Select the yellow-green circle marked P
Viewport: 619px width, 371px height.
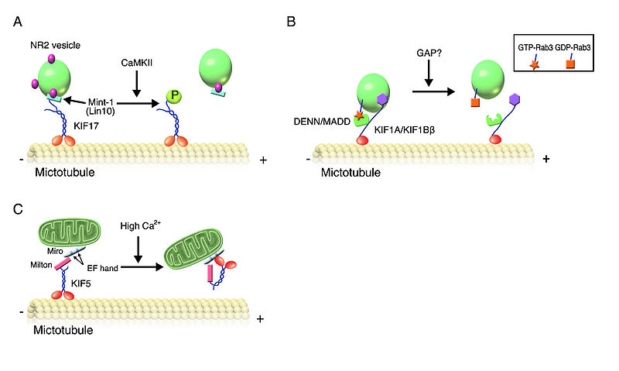click(x=175, y=97)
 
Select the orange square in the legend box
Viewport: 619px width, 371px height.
click(x=570, y=64)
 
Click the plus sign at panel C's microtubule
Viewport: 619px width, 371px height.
click(x=258, y=318)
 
